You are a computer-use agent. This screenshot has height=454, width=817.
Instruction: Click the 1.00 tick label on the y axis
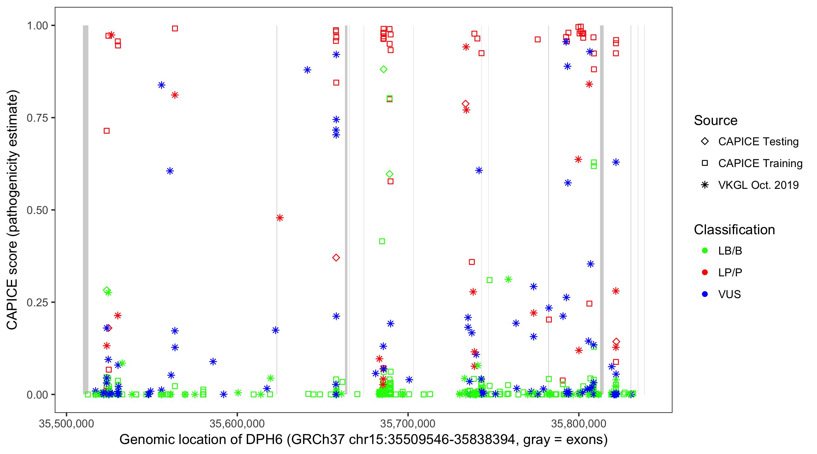coord(37,26)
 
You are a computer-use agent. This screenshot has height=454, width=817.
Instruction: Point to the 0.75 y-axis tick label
coord(37,118)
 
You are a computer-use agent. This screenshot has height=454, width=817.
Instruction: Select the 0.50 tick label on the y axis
coord(37,210)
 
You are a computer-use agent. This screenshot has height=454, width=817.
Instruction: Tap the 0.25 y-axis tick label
coord(37,302)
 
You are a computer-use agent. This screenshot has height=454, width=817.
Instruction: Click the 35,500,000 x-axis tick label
coord(66,423)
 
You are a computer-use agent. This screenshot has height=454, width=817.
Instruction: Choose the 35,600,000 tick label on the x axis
coord(237,423)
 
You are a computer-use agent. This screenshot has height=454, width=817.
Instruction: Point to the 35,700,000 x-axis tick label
coord(408,423)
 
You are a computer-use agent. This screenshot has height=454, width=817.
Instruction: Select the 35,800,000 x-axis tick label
coord(579,423)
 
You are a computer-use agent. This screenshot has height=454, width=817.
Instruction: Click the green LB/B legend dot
coord(705,251)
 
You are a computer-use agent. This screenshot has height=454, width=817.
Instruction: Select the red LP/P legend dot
coord(705,272)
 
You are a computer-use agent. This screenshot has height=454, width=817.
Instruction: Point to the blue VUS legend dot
coord(705,294)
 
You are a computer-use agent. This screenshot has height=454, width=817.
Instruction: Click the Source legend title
coord(716,120)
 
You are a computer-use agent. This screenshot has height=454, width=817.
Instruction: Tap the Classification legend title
coord(734,230)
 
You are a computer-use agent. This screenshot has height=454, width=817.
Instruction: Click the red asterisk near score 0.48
coord(280,218)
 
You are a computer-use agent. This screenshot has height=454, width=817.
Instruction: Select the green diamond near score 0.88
coord(383,70)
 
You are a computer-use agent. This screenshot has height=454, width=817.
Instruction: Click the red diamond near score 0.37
coord(336,258)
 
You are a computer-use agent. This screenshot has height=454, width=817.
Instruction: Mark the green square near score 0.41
coord(382,242)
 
